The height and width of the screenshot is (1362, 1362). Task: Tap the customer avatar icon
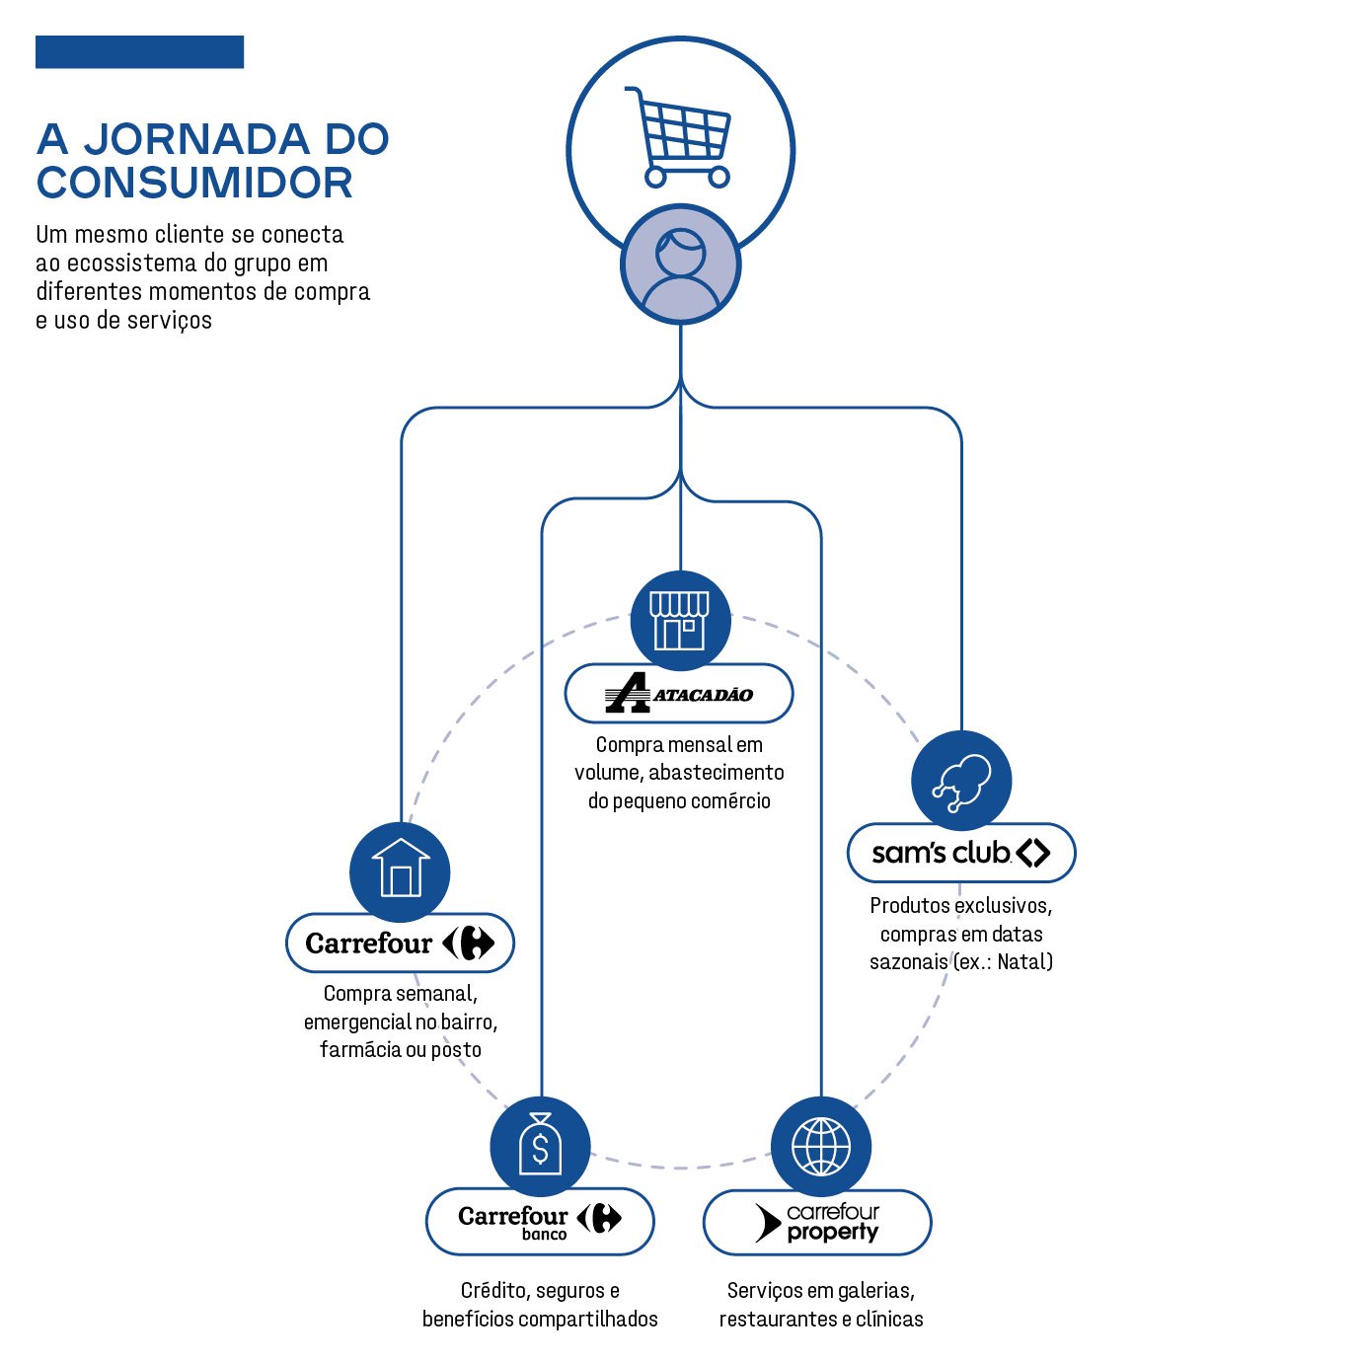click(x=680, y=265)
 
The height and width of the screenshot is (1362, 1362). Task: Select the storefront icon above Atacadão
click(x=680, y=620)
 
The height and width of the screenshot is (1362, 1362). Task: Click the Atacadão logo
click(x=679, y=694)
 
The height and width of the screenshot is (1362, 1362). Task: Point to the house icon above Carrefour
click(x=400, y=870)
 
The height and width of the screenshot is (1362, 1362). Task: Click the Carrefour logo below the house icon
click(x=400, y=944)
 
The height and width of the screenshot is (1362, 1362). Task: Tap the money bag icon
click(x=540, y=1145)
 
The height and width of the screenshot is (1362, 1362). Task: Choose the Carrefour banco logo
click(x=540, y=1221)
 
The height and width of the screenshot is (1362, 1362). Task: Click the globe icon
click(x=820, y=1147)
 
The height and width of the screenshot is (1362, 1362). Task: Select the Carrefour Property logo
click(x=817, y=1222)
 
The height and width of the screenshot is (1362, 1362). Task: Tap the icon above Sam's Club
click(x=961, y=781)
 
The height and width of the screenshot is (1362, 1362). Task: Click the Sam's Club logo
click(x=961, y=853)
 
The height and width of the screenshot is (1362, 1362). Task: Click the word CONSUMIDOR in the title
click(x=194, y=184)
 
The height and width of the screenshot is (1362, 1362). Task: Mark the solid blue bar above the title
click(x=139, y=52)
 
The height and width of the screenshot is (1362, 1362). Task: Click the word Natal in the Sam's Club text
click(x=1023, y=962)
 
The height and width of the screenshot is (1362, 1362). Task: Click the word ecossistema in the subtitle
click(x=131, y=264)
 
